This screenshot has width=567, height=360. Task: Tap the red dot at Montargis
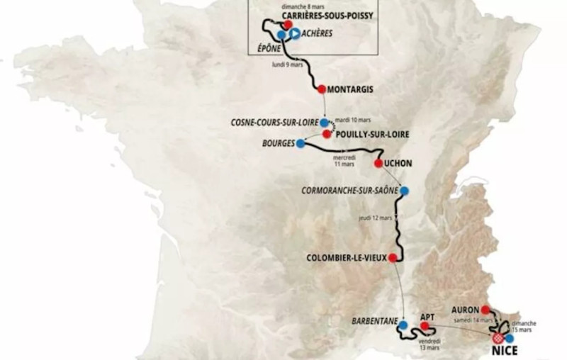[x=321, y=89]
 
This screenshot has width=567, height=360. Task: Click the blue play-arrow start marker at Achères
[x=292, y=33]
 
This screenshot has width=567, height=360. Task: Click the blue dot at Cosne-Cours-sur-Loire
[x=324, y=122]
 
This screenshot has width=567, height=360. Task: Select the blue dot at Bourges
[x=301, y=143]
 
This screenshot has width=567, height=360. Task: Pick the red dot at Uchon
[x=378, y=163]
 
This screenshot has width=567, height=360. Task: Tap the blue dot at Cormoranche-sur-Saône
[x=404, y=190]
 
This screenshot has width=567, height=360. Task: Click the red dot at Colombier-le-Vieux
[x=391, y=258]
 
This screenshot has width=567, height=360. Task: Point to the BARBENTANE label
[x=373, y=321]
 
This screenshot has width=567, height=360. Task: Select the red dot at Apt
[x=424, y=326]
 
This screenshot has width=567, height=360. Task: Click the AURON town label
[x=464, y=310]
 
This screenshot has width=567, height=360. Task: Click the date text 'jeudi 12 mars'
[x=375, y=217]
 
